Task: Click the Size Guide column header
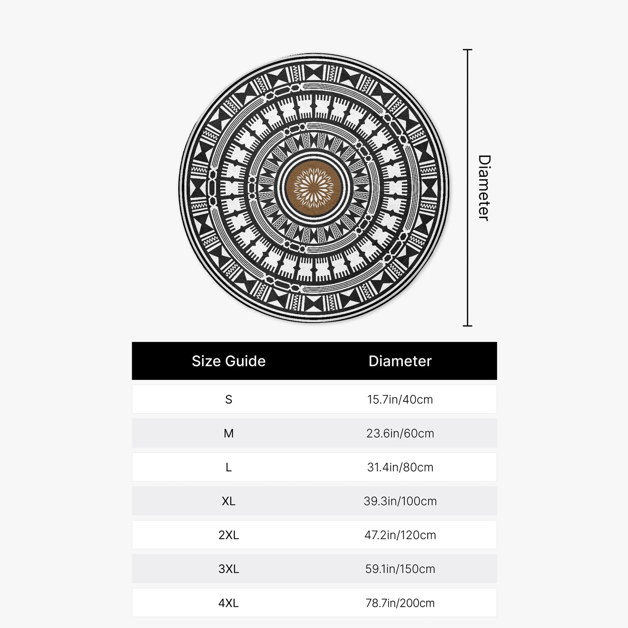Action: (x=229, y=361)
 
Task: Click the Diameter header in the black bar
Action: (x=400, y=361)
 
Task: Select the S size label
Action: (x=229, y=399)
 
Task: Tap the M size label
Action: (x=229, y=433)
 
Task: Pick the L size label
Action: (x=229, y=467)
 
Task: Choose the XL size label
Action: (x=229, y=501)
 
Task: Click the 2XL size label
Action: (x=229, y=535)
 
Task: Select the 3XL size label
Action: (x=229, y=569)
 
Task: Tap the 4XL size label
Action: (x=229, y=603)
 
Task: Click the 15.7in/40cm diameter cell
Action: (x=400, y=399)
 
